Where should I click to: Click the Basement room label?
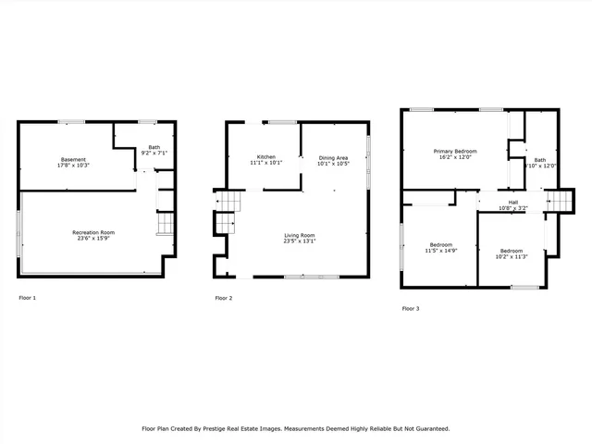coord(73,159)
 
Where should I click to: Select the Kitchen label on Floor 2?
coord(265,156)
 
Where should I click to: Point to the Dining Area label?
coord(333,158)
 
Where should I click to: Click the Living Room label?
coord(299,236)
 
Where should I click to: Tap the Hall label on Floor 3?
coord(512,203)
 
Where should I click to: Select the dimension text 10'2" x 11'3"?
coord(512,257)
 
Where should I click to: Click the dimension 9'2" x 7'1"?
coord(153,153)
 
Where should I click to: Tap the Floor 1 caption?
coord(28,298)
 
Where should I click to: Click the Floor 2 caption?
coord(224,298)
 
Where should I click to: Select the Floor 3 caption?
coord(411,308)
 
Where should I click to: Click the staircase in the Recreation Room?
coord(165,224)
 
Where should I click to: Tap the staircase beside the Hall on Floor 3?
coord(561,201)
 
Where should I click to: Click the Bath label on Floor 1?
coord(153,146)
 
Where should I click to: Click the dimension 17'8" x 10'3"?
coord(73,166)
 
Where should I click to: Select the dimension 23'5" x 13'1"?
coord(299,242)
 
